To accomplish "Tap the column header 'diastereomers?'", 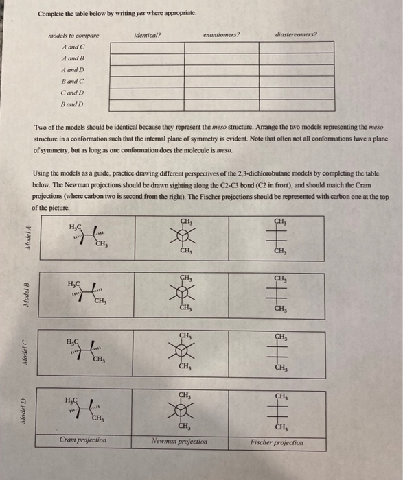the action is coord(297,34).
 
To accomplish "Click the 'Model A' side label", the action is coord(27,239).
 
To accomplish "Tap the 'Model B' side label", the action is coord(27,295).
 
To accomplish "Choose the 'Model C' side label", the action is coord(27,354).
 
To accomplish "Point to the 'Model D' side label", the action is coord(27,409).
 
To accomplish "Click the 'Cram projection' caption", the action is coord(82,440).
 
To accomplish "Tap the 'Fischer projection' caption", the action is coord(278,442).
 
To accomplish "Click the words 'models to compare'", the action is coord(73,35).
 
